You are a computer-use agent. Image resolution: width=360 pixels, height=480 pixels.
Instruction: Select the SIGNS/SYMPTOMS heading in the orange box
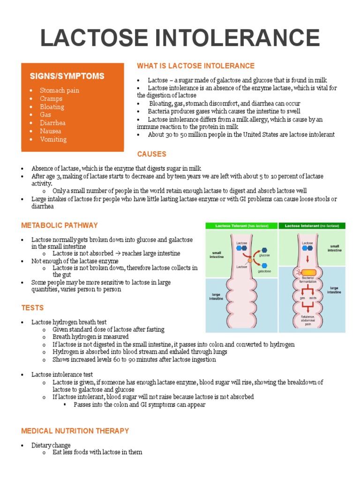point(67,76)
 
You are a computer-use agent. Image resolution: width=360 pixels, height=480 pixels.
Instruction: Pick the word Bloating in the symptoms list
point(52,106)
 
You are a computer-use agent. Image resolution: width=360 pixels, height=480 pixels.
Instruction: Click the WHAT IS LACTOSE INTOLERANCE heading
point(195,66)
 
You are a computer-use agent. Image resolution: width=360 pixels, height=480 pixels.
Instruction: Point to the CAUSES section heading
point(151,154)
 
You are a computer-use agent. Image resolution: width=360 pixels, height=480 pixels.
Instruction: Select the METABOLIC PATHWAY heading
point(60,225)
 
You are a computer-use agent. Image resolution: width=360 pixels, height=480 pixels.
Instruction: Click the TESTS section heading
point(32,308)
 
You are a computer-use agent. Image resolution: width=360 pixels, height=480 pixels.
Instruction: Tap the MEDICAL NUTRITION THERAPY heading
point(75,431)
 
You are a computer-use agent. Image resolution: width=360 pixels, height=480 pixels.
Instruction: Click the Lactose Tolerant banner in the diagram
point(241,226)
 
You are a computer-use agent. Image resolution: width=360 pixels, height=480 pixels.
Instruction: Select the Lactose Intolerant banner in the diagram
point(312,226)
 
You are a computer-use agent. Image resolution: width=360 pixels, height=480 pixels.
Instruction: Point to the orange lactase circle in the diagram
point(250,259)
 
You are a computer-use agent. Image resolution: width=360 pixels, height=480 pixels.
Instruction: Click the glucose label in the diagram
point(264,255)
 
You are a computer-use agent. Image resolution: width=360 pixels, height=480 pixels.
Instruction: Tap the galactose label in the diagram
point(265,271)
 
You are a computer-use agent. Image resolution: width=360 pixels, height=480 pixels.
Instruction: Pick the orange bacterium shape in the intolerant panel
point(308,272)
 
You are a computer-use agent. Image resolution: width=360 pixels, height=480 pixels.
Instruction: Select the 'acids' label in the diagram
point(313,298)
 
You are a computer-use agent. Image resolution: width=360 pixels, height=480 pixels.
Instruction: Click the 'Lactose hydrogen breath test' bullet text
point(69,322)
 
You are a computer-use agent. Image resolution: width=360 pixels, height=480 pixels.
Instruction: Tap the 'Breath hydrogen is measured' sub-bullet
point(90,337)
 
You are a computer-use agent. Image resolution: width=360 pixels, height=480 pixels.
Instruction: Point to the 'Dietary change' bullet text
point(51,445)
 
